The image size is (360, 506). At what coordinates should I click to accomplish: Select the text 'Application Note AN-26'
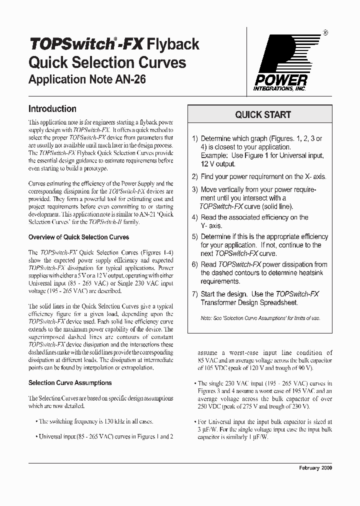(x=87, y=79)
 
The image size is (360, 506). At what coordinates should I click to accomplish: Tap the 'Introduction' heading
(x=52, y=108)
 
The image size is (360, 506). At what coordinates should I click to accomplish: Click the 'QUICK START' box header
(x=263, y=114)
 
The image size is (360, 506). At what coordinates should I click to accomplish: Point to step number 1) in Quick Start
(x=195, y=138)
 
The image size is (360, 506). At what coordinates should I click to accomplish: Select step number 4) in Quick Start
(x=195, y=217)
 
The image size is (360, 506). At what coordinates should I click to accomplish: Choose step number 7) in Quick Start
(x=195, y=294)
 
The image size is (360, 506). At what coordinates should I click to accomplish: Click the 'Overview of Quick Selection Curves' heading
(x=78, y=237)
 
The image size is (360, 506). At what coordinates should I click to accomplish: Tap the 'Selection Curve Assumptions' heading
(x=70, y=383)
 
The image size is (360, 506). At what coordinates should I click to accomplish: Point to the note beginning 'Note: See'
(x=260, y=318)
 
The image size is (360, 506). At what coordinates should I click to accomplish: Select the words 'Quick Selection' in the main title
(x=75, y=62)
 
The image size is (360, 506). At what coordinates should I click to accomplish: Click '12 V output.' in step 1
(x=218, y=164)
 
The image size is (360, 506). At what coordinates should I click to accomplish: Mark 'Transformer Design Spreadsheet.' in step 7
(x=249, y=302)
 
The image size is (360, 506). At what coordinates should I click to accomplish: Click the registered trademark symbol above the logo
(x=325, y=33)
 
